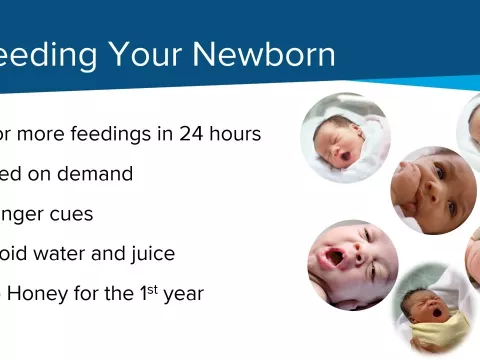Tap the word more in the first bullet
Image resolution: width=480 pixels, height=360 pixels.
point(39,133)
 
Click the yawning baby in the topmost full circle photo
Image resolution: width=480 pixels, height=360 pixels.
point(345,138)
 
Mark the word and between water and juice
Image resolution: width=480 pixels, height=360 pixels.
point(114,253)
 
